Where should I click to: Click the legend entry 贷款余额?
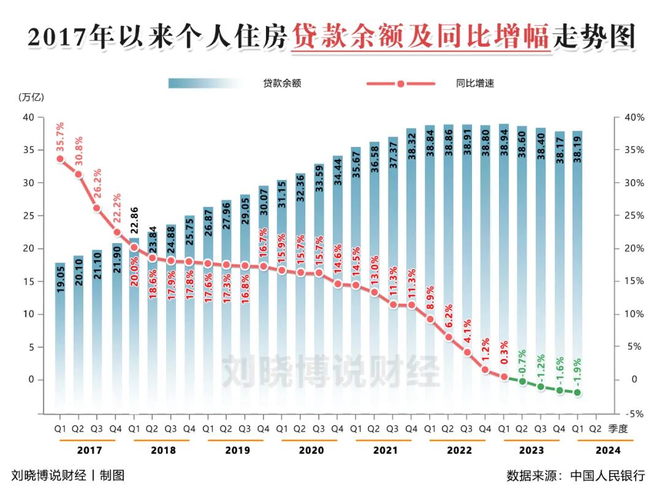[282, 83]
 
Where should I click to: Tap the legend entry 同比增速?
[475, 83]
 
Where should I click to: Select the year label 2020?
[311, 450]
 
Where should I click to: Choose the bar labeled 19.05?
[60, 343]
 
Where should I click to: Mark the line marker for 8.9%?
[430, 319]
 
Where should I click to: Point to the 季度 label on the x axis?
[617, 429]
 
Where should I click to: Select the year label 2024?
[607, 450]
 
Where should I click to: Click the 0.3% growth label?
[504, 355]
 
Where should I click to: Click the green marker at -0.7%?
[522, 381]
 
